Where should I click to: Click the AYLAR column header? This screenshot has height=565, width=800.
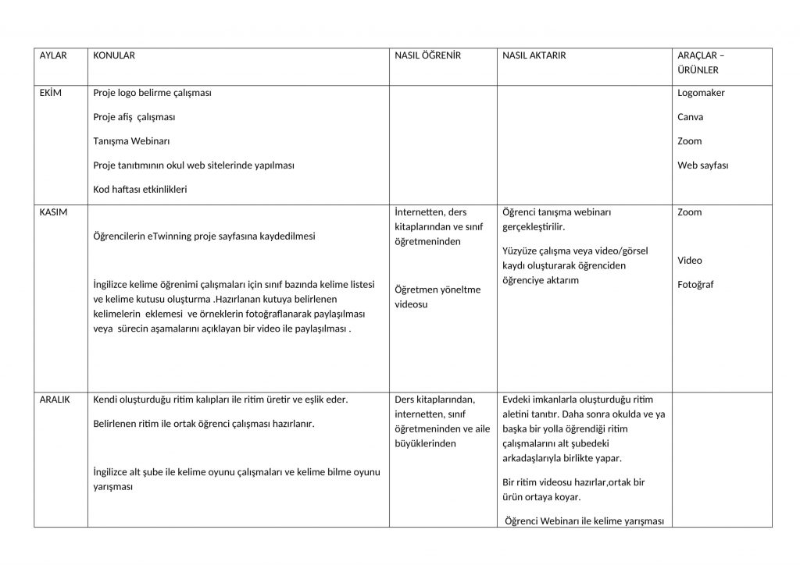point(53,55)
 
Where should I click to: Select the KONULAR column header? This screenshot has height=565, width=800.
point(114,55)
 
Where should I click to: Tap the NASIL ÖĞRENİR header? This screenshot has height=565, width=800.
point(427,55)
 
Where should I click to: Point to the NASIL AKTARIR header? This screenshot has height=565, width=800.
point(534,55)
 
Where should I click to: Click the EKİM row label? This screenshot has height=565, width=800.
point(50,93)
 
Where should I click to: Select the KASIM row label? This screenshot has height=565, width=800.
point(53,212)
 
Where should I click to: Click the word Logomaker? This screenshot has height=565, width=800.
point(701,93)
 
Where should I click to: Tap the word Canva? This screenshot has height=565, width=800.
point(690,117)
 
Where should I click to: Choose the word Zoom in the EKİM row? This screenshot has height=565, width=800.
point(689,141)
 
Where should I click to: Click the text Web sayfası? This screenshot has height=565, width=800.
point(703,165)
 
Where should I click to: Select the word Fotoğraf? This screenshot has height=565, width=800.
point(695,285)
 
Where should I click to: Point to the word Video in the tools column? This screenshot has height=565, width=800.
point(689,261)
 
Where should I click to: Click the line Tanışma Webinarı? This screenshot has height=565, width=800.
point(131,141)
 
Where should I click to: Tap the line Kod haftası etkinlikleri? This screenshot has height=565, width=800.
point(140,190)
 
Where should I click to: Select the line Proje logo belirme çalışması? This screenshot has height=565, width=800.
point(152,93)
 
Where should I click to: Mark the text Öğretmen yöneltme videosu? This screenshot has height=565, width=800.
point(437,297)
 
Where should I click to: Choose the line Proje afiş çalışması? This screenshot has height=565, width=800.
point(134,117)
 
